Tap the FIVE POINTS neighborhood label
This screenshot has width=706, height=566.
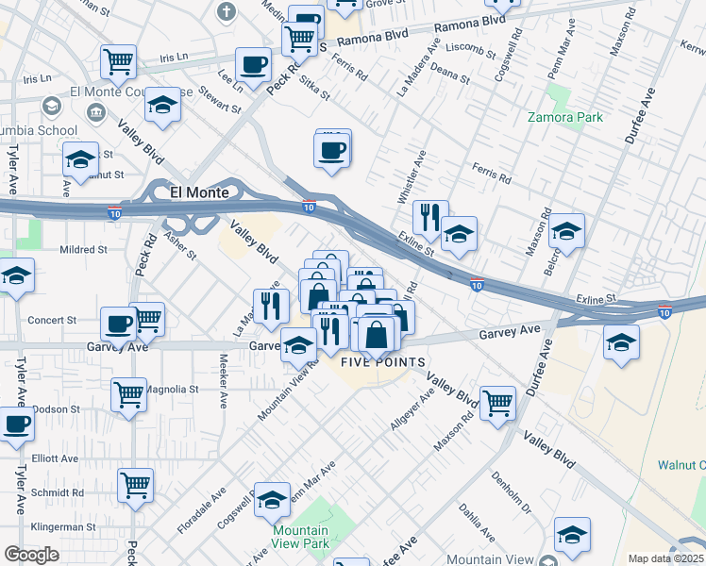tap(382, 362)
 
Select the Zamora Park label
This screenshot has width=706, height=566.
tap(566, 118)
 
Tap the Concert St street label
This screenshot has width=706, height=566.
tap(51, 321)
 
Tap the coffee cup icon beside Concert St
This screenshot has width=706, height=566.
tap(119, 323)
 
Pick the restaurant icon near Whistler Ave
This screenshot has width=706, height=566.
tap(430, 217)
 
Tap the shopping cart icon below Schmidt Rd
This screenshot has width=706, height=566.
tap(136, 485)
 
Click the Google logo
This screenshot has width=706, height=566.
tap(31, 555)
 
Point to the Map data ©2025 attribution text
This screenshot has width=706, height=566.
tap(666, 558)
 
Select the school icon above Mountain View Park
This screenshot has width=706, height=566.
tap(273, 500)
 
